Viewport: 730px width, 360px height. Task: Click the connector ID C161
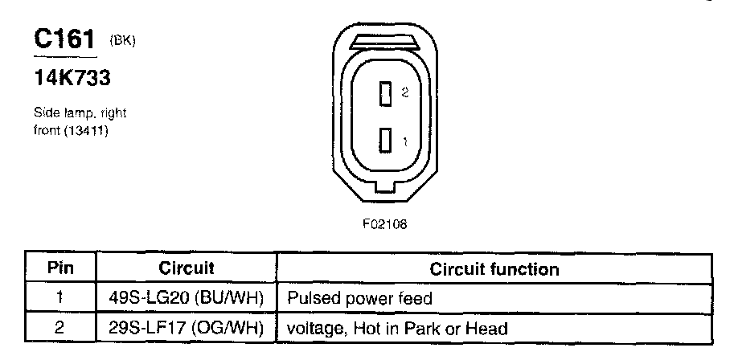(x=64, y=39)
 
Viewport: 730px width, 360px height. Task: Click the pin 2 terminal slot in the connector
(x=386, y=94)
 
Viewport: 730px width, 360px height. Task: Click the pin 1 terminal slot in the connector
(x=386, y=141)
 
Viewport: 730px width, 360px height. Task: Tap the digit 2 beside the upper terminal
(x=405, y=93)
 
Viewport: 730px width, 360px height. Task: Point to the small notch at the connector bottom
(x=384, y=190)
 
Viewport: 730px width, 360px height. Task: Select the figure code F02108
(x=384, y=224)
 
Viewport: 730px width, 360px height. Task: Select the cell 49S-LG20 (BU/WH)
(x=187, y=299)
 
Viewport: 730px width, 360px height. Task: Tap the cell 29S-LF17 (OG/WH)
(x=187, y=328)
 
